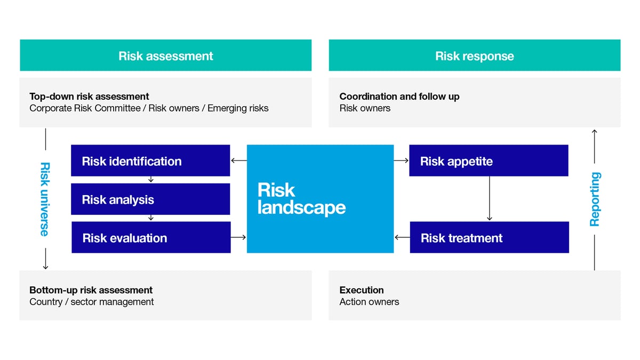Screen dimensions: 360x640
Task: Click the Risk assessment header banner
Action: (x=165, y=55)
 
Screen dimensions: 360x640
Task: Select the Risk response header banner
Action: (x=474, y=55)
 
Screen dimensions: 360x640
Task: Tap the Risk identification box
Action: (x=150, y=161)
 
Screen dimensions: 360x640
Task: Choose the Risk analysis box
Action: (x=150, y=199)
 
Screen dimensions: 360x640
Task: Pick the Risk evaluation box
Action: (x=151, y=237)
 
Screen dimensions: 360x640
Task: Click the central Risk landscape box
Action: (x=320, y=198)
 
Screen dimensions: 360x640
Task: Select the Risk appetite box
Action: (x=488, y=161)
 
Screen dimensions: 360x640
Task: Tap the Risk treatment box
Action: (x=489, y=237)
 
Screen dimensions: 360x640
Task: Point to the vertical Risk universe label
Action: (x=45, y=199)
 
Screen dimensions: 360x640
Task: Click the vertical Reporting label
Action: (x=595, y=199)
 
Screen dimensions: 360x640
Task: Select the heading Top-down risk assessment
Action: (x=89, y=97)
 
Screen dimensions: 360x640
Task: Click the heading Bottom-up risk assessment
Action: (x=91, y=290)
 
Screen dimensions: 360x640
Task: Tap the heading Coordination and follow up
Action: (x=399, y=97)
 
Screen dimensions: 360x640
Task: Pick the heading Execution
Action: (x=361, y=290)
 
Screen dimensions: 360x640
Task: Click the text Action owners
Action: (x=369, y=302)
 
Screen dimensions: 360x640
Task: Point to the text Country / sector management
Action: (x=91, y=302)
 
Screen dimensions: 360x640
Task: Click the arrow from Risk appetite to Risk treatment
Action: (x=489, y=198)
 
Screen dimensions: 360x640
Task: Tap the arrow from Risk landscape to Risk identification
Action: (x=238, y=161)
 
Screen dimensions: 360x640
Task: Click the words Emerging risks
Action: (x=238, y=108)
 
